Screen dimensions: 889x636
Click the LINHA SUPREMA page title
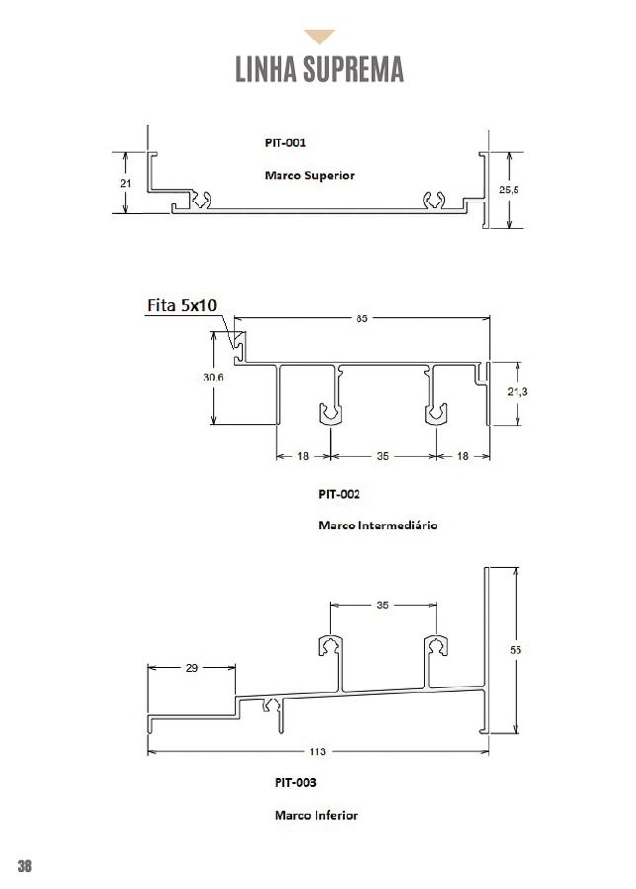pos(319,70)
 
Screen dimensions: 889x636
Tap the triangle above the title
pos(319,38)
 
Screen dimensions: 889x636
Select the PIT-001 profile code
pos(285,142)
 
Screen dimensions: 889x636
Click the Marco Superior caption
pos(309,175)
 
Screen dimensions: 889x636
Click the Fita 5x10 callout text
pos(182,306)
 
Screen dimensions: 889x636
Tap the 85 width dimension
pos(362,318)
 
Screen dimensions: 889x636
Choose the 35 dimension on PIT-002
pos(383,457)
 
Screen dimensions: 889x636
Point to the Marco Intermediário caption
pos(377,525)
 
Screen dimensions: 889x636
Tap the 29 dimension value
pos(191,668)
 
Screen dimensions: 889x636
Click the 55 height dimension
pos(515,650)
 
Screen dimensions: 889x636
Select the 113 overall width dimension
pos(318,752)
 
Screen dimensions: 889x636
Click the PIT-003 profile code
pos(295,782)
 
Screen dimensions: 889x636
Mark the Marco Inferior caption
pos(316,816)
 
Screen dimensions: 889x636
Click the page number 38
pos(25,866)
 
